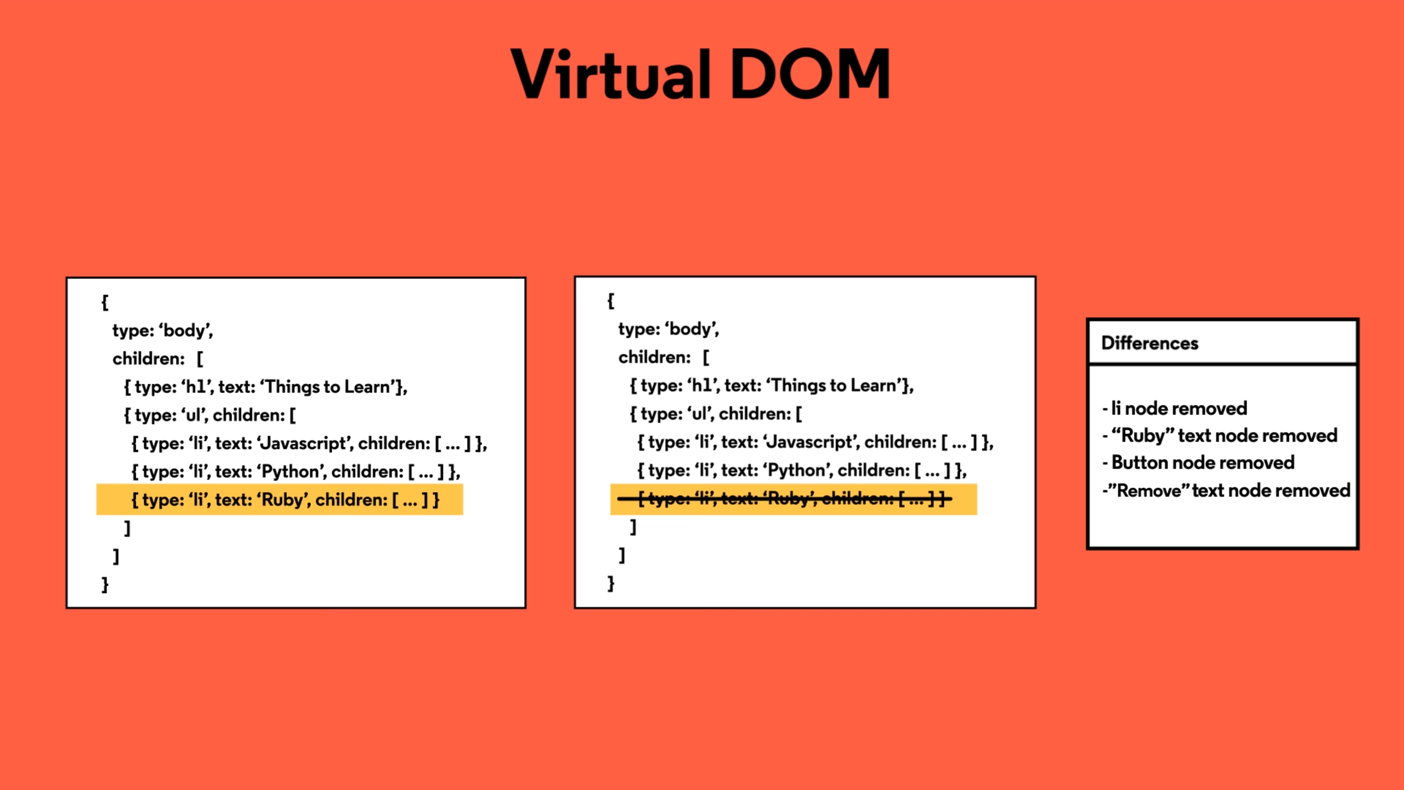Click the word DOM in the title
[809, 74]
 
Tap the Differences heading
[1150, 343]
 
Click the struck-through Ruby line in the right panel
[784, 499]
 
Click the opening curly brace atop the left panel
[105, 302]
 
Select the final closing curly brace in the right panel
[611, 583]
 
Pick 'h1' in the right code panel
[701, 386]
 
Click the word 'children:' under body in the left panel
[149, 359]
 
